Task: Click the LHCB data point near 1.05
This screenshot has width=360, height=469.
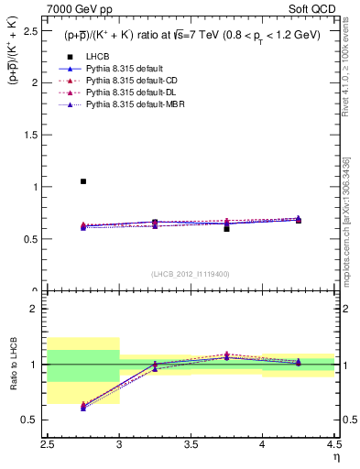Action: coord(83,181)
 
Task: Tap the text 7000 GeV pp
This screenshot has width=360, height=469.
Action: coord(76,9)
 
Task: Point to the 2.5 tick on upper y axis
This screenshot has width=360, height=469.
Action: coord(33,30)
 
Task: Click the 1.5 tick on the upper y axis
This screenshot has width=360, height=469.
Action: coord(33,135)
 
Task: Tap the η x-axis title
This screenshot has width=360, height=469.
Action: coord(334,456)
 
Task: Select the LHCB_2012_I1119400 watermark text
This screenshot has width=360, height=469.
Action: coord(191,274)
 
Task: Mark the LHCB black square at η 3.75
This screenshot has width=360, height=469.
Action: coord(226,228)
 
